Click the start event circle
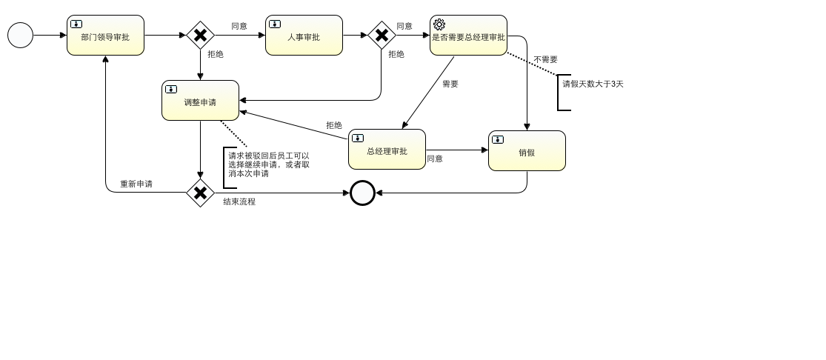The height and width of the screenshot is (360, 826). [x=20, y=35]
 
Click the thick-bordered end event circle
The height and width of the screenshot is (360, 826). [x=362, y=193]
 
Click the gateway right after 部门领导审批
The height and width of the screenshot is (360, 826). [x=200, y=35]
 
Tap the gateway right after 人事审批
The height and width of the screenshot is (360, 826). [x=382, y=35]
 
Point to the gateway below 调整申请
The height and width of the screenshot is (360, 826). [x=200, y=193]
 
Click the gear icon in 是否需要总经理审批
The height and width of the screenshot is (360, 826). [x=439, y=24]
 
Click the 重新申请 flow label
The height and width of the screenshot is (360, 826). [x=136, y=184]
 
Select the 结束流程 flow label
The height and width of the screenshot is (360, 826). [x=239, y=201]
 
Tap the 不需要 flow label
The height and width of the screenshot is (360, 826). [x=545, y=59]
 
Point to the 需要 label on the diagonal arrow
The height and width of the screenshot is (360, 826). [x=450, y=84]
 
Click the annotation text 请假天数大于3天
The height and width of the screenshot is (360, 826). [x=593, y=84]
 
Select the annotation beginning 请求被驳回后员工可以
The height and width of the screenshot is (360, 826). [x=269, y=164]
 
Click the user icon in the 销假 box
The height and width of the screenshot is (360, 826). [x=498, y=139]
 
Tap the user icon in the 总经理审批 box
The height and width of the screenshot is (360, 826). [x=358, y=138]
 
